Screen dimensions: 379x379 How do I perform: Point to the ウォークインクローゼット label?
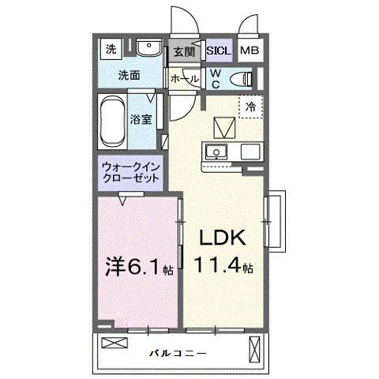(131, 172)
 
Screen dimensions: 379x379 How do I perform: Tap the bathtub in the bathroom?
(112, 120)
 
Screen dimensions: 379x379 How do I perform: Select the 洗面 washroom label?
(130, 77)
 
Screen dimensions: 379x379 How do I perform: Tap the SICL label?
(218, 51)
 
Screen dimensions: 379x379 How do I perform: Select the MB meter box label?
(249, 51)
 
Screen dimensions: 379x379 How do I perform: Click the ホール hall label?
(184, 79)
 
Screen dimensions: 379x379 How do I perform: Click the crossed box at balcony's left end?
(114, 344)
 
